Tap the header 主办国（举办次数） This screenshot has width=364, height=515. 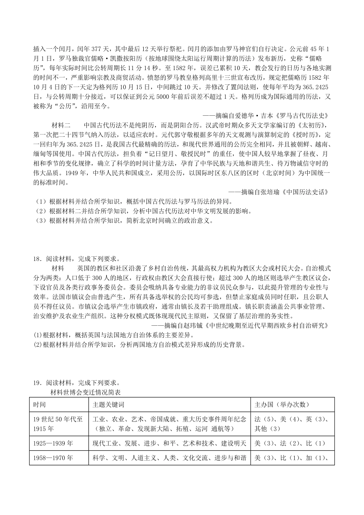tap(282, 405)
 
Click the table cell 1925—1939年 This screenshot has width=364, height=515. tap(53, 443)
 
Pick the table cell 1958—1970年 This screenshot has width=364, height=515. tap(53, 458)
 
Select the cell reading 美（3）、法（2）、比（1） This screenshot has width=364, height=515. tap(290, 443)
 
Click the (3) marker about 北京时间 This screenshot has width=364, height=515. tap(39, 220)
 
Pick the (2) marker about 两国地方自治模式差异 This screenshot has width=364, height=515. tap(38, 344)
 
